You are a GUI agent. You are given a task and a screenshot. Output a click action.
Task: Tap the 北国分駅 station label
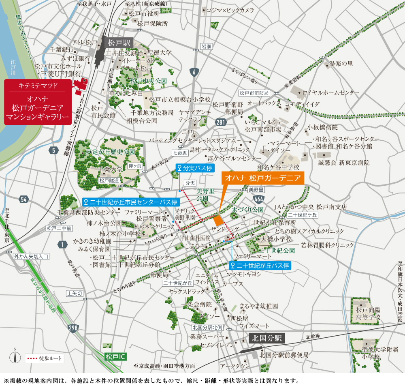pyautogui.click(x=268, y=338)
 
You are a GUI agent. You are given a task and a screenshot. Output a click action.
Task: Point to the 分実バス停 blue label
pyautogui.click(x=195, y=168)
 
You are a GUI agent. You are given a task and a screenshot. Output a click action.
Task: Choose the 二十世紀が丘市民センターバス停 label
pyautogui.click(x=130, y=202)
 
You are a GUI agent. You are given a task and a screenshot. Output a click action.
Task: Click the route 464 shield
pyautogui.click(x=259, y=199)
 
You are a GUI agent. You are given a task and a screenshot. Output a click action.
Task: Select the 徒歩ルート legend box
pyautogui.click(x=44, y=358)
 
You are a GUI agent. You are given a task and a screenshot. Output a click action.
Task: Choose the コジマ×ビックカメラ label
pyautogui.click(x=230, y=10)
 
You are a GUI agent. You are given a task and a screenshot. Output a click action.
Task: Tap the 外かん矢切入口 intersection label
pyautogui.click(x=31, y=256)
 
